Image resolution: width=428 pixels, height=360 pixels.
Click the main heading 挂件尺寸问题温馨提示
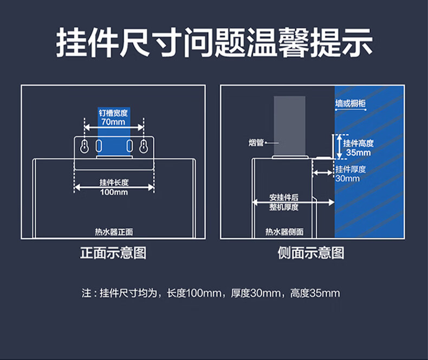tap(215, 43)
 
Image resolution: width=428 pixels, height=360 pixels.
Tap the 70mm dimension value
tap(113, 122)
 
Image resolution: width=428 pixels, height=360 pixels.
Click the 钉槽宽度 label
tap(113, 113)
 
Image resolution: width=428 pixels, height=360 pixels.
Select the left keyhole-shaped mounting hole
tap(85, 147)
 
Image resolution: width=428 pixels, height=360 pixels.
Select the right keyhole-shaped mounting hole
tap(144, 147)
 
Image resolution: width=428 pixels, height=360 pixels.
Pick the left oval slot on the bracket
tap(99, 146)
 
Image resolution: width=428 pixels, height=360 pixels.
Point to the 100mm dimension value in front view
tap(114, 192)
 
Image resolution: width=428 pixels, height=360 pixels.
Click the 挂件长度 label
tap(114, 182)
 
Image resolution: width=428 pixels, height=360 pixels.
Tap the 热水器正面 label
tap(114, 232)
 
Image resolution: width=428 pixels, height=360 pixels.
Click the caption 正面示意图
tap(113, 253)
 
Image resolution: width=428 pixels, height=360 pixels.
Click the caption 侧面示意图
tap(311, 253)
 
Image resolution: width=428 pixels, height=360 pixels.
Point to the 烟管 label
tap(256, 142)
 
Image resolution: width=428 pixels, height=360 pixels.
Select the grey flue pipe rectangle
tap(290, 126)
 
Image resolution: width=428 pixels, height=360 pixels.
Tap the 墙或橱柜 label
tap(351, 103)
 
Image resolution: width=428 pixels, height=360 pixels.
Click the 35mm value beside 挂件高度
tap(359, 153)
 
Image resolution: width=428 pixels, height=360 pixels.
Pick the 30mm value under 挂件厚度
tap(347, 178)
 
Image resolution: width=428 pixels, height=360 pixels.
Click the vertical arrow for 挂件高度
tap(339, 147)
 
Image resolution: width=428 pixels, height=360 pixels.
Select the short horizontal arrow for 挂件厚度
tap(323, 173)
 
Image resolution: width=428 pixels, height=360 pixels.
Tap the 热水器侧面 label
tap(284, 232)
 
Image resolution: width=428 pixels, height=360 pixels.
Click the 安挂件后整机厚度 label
tap(284, 202)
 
